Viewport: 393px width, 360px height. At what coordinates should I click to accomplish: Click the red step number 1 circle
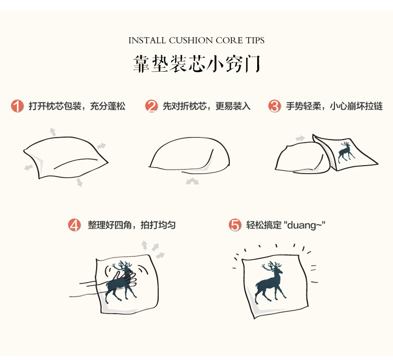[17, 106]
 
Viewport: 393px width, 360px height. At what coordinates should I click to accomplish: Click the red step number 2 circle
[151, 106]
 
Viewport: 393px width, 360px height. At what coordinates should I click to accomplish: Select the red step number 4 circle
[74, 225]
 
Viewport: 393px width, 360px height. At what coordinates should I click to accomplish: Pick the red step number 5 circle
[235, 225]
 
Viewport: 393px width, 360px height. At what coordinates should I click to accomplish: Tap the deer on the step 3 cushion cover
[346, 152]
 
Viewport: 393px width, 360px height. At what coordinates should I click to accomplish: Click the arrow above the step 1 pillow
[52, 131]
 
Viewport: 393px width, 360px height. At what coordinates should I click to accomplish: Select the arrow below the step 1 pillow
[79, 182]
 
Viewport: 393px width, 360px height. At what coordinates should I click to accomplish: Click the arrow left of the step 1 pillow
[29, 168]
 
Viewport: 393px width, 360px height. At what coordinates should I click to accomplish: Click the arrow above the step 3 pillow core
[299, 138]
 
